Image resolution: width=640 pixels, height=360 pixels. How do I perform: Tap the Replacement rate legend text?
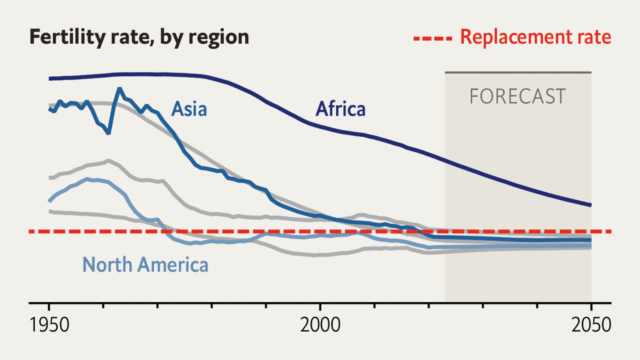point(535,37)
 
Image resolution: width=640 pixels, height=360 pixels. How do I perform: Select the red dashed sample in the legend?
point(433,37)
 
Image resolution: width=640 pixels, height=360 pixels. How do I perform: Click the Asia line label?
point(189,108)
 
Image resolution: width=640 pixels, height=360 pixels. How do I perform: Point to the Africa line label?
point(340,108)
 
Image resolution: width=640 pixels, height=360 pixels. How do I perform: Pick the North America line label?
point(145,264)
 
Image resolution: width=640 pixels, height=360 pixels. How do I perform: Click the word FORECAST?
point(517,96)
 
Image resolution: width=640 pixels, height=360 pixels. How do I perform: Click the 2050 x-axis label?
point(591,325)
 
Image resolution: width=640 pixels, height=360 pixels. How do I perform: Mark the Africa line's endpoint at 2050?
point(591,205)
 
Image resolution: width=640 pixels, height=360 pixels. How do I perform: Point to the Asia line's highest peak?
point(119,89)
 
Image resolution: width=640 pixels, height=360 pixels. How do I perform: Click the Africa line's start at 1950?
point(49,78)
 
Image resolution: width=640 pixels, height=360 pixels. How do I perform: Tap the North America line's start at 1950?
point(49,200)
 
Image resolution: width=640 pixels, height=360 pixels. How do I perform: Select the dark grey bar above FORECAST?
point(518,72)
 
